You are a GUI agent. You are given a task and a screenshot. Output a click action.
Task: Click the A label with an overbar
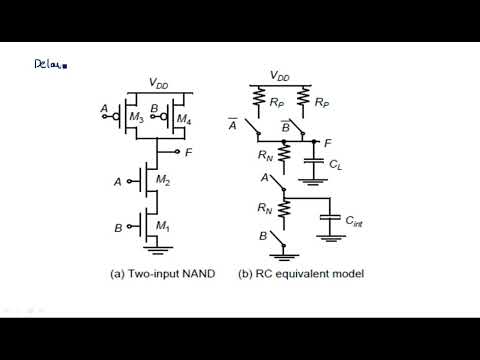click(x=234, y=124)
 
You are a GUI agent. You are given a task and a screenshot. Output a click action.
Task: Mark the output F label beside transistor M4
click(x=190, y=153)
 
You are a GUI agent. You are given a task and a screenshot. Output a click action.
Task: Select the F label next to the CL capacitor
click(x=328, y=142)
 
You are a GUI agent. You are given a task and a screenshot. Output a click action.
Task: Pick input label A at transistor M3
click(x=105, y=109)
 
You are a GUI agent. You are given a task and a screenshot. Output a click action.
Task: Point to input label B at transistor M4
click(x=152, y=109)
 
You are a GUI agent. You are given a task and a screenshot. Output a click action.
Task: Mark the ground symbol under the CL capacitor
click(x=313, y=181)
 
